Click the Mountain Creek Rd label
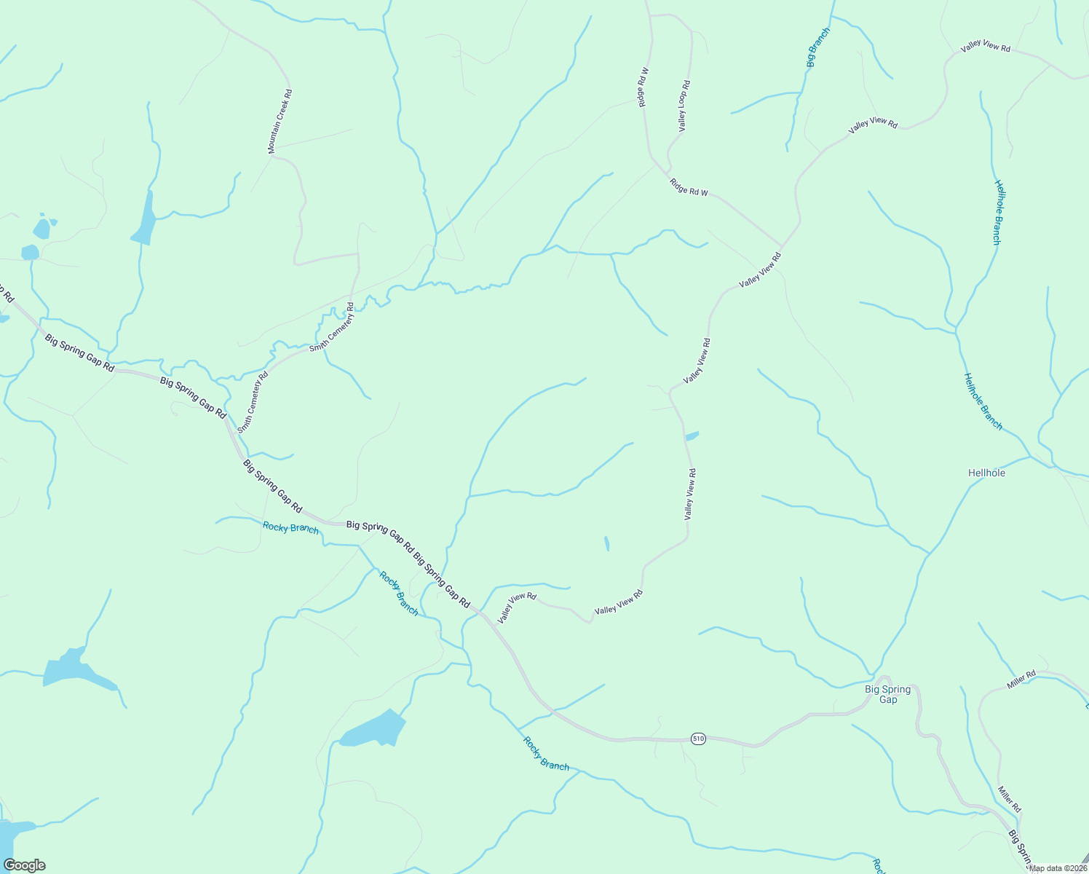click(280, 121)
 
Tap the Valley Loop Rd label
click(684, 106)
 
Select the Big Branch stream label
click(818, 47)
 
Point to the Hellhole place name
click(986, 473)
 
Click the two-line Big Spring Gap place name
click(887, 694)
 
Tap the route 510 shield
click(698, 739)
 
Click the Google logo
click(24, 865)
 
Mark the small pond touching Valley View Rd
click(692, 436)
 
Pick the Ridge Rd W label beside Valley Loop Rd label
click(643, 87)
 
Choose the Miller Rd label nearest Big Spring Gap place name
click(1021, 681)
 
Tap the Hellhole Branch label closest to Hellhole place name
click(983, 401)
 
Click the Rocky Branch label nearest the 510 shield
click(546, 753)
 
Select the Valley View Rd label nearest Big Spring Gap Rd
click(516, 607)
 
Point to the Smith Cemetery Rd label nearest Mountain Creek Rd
click(332, 328)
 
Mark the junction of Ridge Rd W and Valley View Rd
click(781, 246)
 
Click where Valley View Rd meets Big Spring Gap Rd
click(480, 613)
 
